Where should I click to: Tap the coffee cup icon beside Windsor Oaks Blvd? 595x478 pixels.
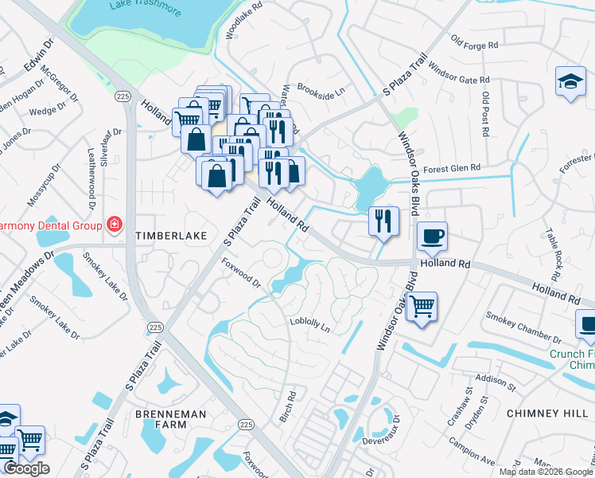point(432,237)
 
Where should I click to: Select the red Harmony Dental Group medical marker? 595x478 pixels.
point(115,224)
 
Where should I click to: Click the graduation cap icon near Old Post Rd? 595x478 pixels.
point(570,82)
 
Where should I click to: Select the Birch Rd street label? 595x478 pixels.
point(292,406)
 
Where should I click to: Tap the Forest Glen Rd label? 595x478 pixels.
point(453,168)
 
